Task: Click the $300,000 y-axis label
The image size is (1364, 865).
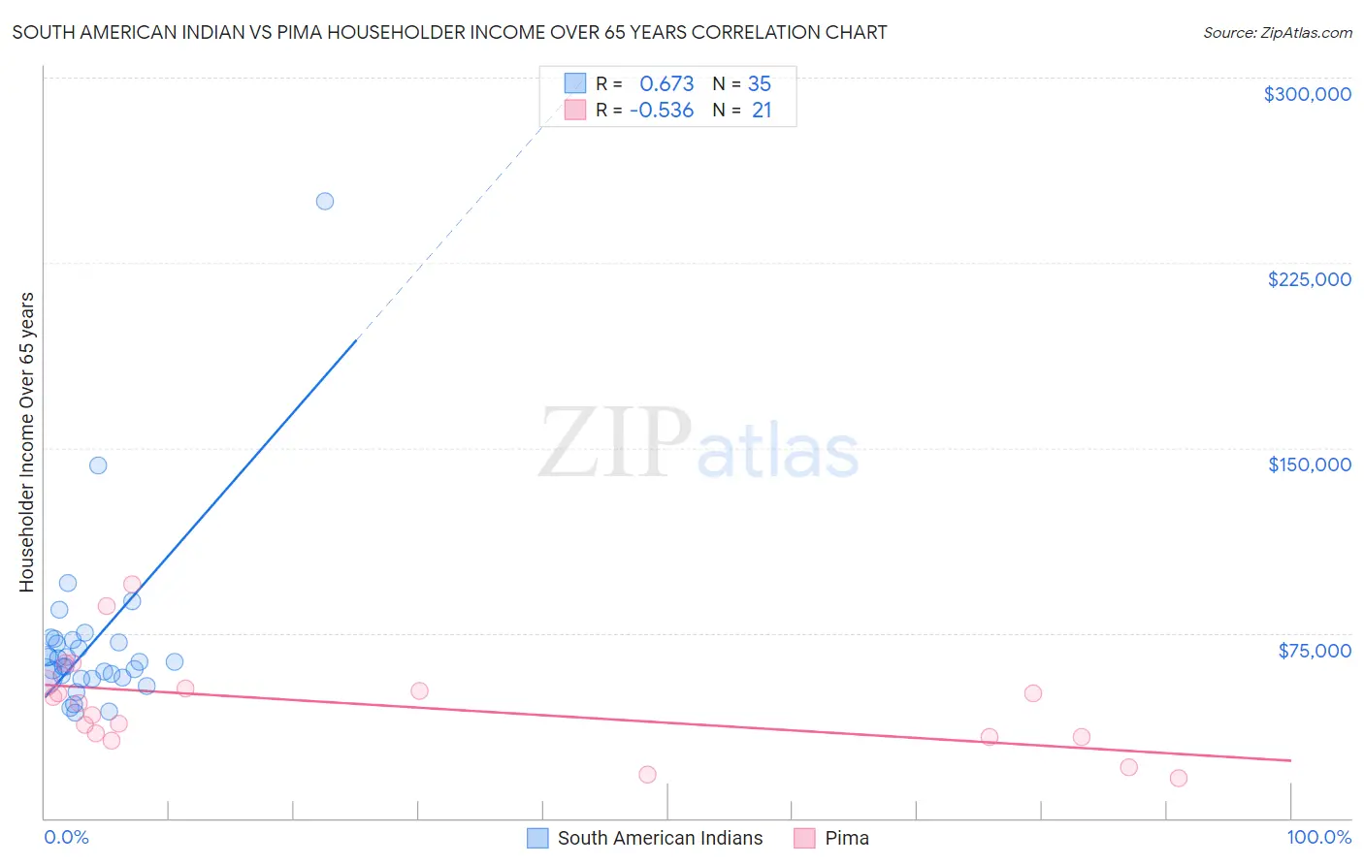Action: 1307,94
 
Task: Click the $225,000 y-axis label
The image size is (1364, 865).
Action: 1309,279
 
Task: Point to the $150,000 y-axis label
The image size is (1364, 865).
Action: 1309,465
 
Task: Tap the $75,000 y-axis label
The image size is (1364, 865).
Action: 1315,651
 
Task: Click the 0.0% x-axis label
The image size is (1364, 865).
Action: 66,838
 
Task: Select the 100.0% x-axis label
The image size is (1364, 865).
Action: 1318,838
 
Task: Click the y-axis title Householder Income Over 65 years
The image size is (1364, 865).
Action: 27,442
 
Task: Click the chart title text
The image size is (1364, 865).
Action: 449,32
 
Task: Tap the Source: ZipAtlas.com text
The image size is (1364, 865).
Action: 1277,32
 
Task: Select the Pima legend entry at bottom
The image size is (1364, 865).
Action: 846,838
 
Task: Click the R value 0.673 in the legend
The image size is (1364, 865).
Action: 666,84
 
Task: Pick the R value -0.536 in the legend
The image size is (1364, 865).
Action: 662,111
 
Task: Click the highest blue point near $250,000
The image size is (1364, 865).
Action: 325,202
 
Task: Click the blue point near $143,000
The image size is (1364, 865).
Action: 98,465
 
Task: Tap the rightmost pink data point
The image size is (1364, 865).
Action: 1179,778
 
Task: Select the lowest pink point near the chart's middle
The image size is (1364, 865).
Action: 647,775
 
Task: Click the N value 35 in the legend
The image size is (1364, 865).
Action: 760,84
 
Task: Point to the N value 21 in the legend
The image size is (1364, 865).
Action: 762,111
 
